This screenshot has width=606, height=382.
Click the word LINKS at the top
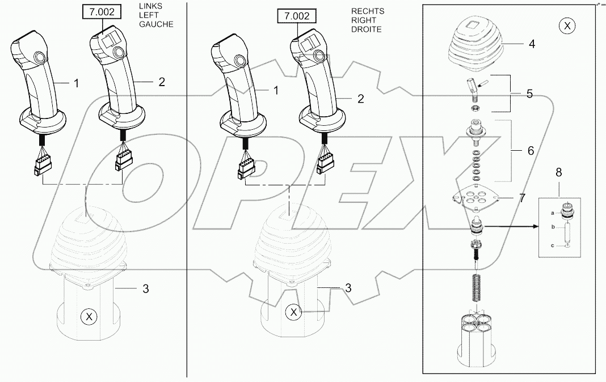pos(149,7)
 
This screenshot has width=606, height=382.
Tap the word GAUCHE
pos(155,24)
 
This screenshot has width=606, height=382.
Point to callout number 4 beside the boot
pos(532,44)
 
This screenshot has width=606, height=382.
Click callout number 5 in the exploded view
pos(529,94)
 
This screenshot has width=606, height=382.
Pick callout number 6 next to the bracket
pos(530,151)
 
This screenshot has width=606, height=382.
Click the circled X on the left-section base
pos(88,317)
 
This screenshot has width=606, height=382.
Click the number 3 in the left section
pos(146,288)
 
